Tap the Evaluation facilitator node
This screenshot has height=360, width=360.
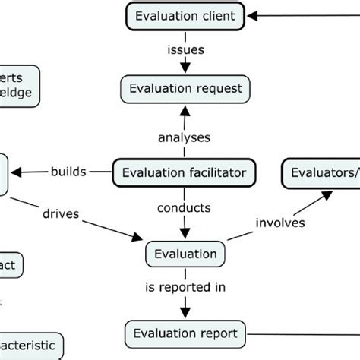183,172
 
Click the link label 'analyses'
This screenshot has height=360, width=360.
183,137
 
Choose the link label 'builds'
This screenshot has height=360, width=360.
68,172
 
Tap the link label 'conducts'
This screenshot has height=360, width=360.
183,207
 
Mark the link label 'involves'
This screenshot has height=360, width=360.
281,223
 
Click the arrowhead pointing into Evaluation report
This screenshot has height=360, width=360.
183,313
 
